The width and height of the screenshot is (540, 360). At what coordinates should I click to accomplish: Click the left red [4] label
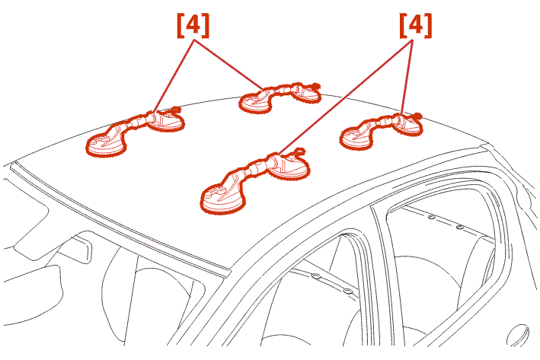pos(193,25)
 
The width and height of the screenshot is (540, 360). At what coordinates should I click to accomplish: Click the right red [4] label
pos(415,25)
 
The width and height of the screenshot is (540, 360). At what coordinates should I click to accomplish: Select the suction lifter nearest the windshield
pos(135,131)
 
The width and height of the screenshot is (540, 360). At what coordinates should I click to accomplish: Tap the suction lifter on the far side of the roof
pos(280,97)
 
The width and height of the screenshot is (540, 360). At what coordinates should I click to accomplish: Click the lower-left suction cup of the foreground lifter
pos(223,199)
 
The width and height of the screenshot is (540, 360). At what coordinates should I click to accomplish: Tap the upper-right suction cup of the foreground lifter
pos(289,166)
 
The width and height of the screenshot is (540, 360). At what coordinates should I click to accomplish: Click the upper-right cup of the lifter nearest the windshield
pos(165,119)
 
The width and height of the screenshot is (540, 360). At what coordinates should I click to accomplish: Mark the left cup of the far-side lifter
pos(255,102)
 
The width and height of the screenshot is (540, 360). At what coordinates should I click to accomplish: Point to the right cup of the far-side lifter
pos(306,93)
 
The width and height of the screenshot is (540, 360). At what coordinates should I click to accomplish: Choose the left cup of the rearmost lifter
pos(356,138)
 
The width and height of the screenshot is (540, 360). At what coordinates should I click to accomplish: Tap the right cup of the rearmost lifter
pos(407,125)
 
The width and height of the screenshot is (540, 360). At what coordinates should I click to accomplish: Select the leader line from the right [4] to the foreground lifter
pos(346,97)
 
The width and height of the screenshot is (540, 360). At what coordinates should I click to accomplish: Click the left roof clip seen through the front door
pos(316,276)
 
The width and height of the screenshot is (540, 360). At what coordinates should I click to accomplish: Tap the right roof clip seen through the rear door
pos(459,227)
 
